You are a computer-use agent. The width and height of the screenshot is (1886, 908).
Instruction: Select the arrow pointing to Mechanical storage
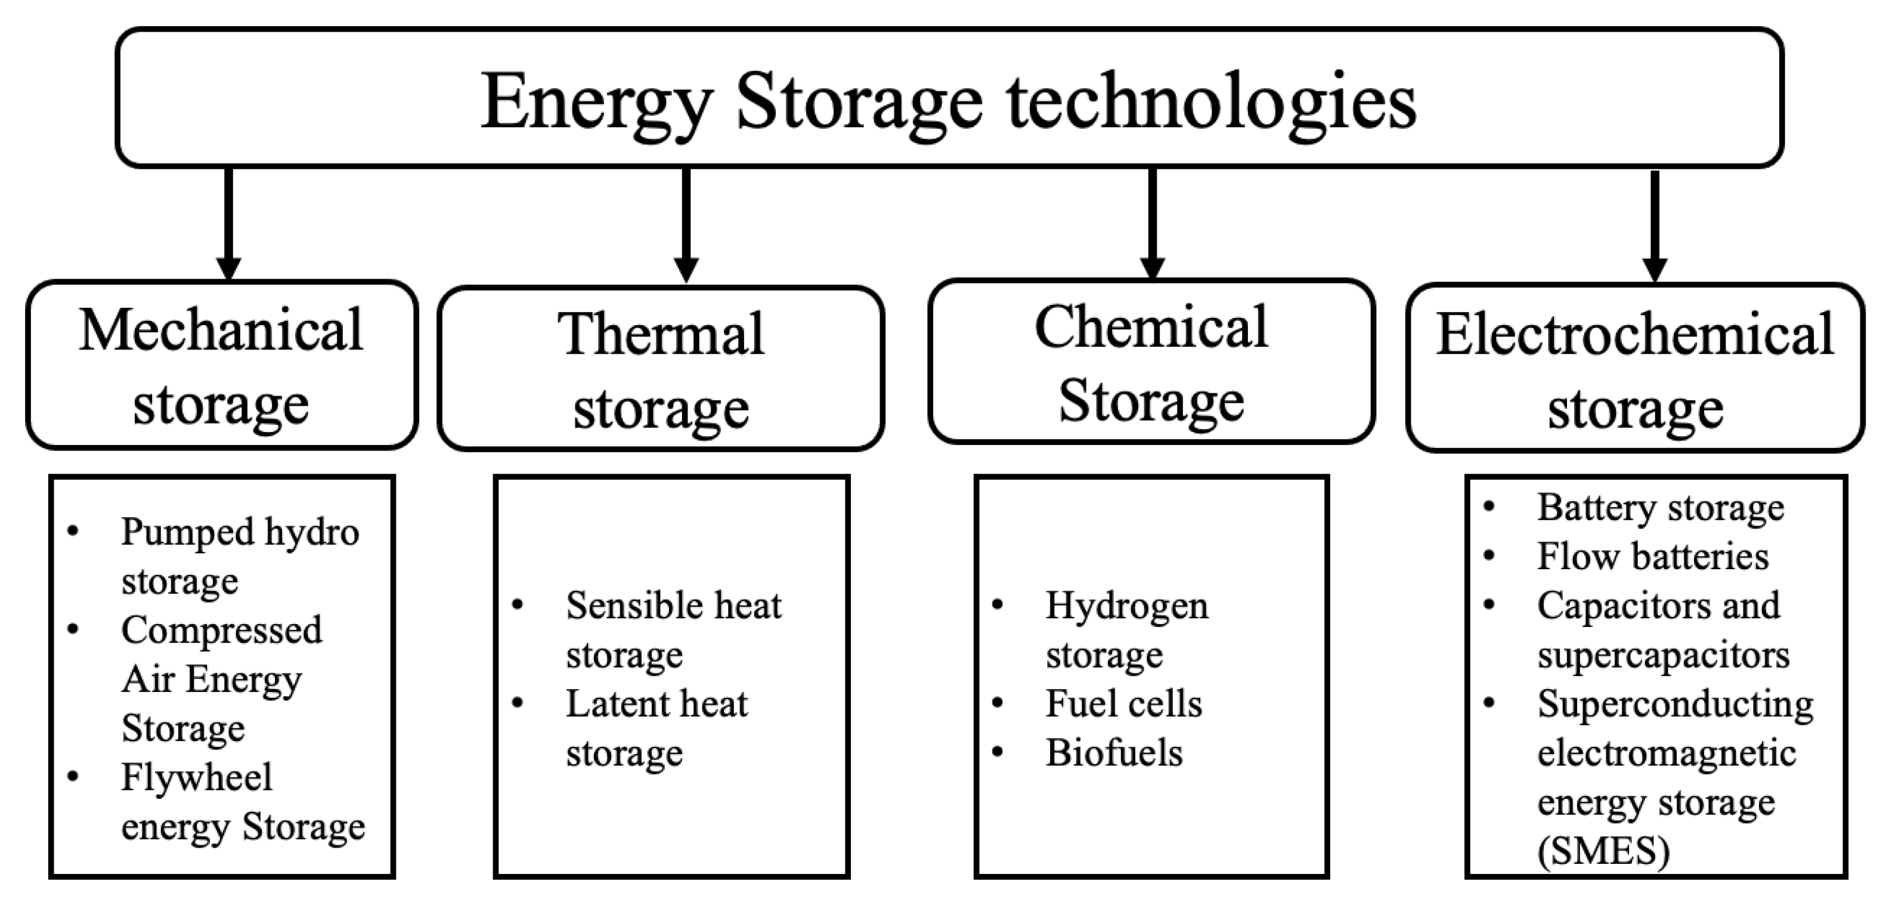pyautogui.click(x=228, y=223)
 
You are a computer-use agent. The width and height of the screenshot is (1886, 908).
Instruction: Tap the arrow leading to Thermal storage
pyautogui.click(x=686, y=223)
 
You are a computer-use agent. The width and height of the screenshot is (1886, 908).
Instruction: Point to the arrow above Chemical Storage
pyautogui.click(x=1153, y=223)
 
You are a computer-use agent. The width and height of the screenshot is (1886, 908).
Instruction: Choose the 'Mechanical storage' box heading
pyautogui.click(x=221, y=366)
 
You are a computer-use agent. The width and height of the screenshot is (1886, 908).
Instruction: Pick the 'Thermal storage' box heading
pyautogui.click(x=661, y=369)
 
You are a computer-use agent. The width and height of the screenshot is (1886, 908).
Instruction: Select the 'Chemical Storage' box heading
pyautogui.click(x=1151, y=363)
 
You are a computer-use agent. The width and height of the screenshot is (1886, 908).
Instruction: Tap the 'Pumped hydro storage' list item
pyautogui.click(x=240, y=556)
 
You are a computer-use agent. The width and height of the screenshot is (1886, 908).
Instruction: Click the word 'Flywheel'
pyautogui.click(x=196, y=777)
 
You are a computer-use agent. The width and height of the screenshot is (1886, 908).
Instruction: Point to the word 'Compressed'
pyautogui.click(x=221, y=631)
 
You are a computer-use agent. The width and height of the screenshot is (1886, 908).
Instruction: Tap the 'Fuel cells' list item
pyautogui.click(x=1123, y=704)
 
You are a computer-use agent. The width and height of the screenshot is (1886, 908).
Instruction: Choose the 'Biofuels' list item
pyautogui.click(x=1114, y=753)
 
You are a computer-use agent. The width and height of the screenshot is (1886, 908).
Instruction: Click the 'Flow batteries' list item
pyautogui.click(x=1652, y=557)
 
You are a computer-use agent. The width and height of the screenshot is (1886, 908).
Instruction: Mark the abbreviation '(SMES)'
pyautogui.click(x=1603, y=851)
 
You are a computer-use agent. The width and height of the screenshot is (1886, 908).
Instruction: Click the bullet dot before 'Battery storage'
pyautogui.click(x=1489, y=506)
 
